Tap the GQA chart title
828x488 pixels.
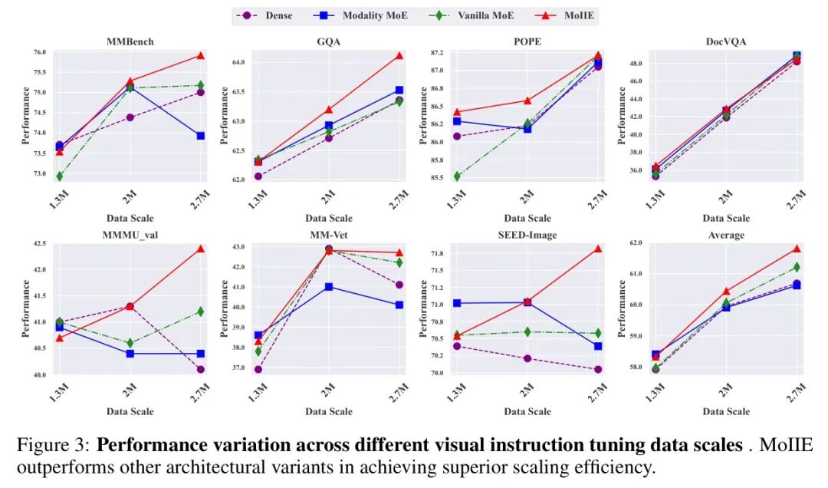[329, 41]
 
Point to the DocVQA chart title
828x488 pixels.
[726, 41]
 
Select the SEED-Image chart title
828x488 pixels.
[527, 234]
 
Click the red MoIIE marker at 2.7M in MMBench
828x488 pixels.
[201, 55]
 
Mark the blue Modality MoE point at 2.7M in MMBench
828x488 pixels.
[201, 136]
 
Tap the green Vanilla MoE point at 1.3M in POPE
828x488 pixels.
[457, 176]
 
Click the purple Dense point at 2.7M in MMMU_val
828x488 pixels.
[201, 369]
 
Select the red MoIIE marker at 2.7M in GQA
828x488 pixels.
[399, 55]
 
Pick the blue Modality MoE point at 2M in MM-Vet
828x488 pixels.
[329, 287]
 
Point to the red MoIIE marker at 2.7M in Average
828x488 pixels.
[797, 249]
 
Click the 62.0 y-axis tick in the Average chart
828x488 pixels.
[634, 243]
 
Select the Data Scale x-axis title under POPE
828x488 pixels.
[527, 219]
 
